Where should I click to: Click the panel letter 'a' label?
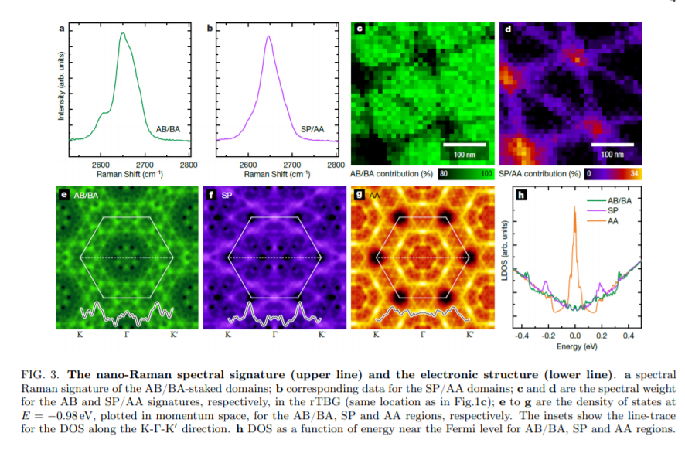[62, 29]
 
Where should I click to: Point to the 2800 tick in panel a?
[189, 165]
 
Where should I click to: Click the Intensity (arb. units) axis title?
[60, 85]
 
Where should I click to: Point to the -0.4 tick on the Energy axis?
[523, 336]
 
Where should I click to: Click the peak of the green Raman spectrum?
[122, 33]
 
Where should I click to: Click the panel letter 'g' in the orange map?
[359, 196]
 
